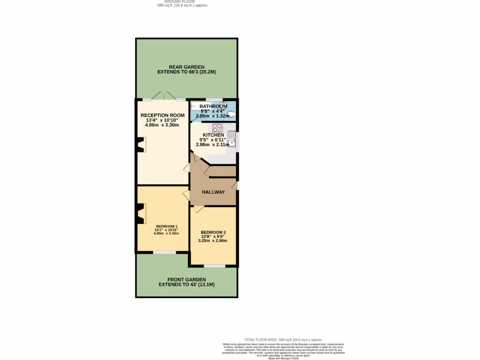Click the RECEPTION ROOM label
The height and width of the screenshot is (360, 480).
[x=163, y=115]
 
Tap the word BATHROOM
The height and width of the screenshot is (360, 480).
[x=213, y=106]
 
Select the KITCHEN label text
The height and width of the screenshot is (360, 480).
[x=213, y=135]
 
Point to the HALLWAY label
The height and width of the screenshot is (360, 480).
[x=213, y=192]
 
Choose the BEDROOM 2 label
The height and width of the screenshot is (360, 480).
[x=213, y=232]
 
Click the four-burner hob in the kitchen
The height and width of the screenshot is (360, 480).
[x=217, y=127]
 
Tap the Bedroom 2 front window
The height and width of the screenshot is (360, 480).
[x=214, y=266]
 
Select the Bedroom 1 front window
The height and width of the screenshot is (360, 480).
[x=165, y=253]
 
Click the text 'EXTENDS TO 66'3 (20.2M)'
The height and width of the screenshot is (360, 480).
[x=187, y=73]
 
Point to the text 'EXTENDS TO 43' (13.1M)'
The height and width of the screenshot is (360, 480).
[x=187, y=285]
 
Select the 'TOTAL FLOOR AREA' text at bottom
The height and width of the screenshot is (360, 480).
[x=284, y=339]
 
